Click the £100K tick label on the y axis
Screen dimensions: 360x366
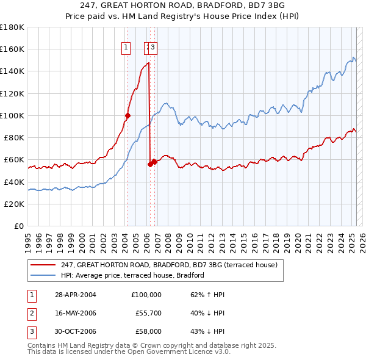coord(12,115)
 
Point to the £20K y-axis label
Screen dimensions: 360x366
coord(13,204)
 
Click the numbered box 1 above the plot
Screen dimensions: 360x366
coord(126,48)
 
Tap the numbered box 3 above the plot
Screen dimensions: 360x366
coord(153,48)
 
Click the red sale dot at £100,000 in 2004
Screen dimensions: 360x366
coord(128,115)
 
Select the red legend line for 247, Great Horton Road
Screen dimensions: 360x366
coord(43,265)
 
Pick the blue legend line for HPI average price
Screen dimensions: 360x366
coord(43,275)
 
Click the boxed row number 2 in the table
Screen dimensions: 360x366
coord(30,313)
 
